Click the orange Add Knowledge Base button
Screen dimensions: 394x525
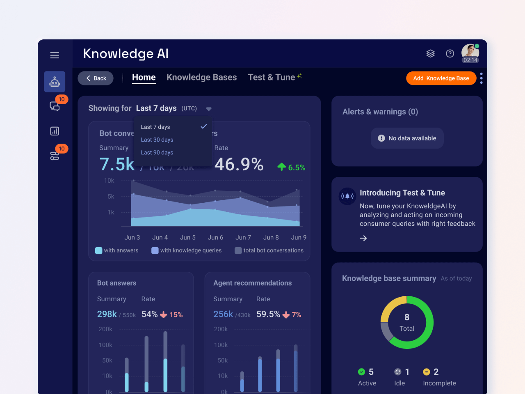click(441, 78)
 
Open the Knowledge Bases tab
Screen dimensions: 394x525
click(201, 77)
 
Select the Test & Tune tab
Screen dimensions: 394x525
click(272, 77)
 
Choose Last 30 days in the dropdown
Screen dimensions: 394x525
click(157, 140)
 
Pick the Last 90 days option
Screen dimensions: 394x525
click(157, 152)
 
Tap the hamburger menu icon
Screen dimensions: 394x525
click(55, 55)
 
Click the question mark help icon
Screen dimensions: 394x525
click(450, 54)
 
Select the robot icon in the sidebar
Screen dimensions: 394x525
click(55, 82)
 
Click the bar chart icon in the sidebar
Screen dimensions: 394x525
click(55, 131)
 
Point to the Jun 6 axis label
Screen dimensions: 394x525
click(215, 237)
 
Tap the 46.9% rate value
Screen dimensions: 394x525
click(239, 165)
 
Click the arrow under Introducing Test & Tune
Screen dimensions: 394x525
click(363, 238)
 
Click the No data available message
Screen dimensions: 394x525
click(407, 138)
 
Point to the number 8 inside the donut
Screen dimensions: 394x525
click(407, 317)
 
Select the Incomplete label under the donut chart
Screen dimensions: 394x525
click(439, 383)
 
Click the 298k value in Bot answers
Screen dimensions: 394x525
click(107, 314)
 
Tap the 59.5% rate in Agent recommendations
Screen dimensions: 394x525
click(268, 314)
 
